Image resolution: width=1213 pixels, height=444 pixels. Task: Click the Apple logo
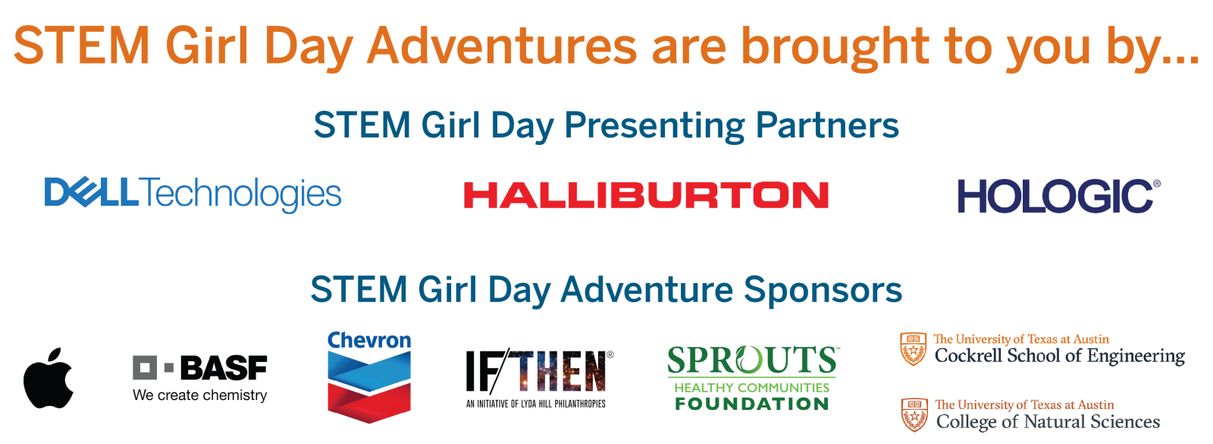(x=49, y=379)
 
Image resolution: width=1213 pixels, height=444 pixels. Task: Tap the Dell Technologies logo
(x=193, y=194)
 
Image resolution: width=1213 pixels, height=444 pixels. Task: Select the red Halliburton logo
(x=645, y=195)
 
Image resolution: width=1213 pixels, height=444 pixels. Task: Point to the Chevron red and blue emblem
(x=369, y=386)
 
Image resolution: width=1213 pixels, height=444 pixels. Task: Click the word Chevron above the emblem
(x=369, y=340)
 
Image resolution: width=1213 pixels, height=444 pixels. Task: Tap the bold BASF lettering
(x=223, y=369)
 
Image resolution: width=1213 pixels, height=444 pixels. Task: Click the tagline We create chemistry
(x=199, y=395)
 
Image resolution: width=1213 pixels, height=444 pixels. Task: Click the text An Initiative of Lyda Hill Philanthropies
(x=536, y=404)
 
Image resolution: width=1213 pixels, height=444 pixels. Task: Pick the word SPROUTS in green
(x=751, y=361)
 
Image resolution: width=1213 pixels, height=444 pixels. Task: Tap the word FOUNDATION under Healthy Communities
(x=751, y=404)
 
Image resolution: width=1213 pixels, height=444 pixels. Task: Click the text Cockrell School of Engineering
(x=1059, y=356)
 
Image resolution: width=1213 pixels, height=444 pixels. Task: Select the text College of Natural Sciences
(x=1048, y=422)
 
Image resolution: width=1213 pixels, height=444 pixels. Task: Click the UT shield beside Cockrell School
(x=913, y=349)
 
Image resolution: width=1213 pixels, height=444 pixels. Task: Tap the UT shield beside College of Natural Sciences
(x=914, y=414)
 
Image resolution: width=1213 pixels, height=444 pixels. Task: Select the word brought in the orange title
(x=835, y=46)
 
